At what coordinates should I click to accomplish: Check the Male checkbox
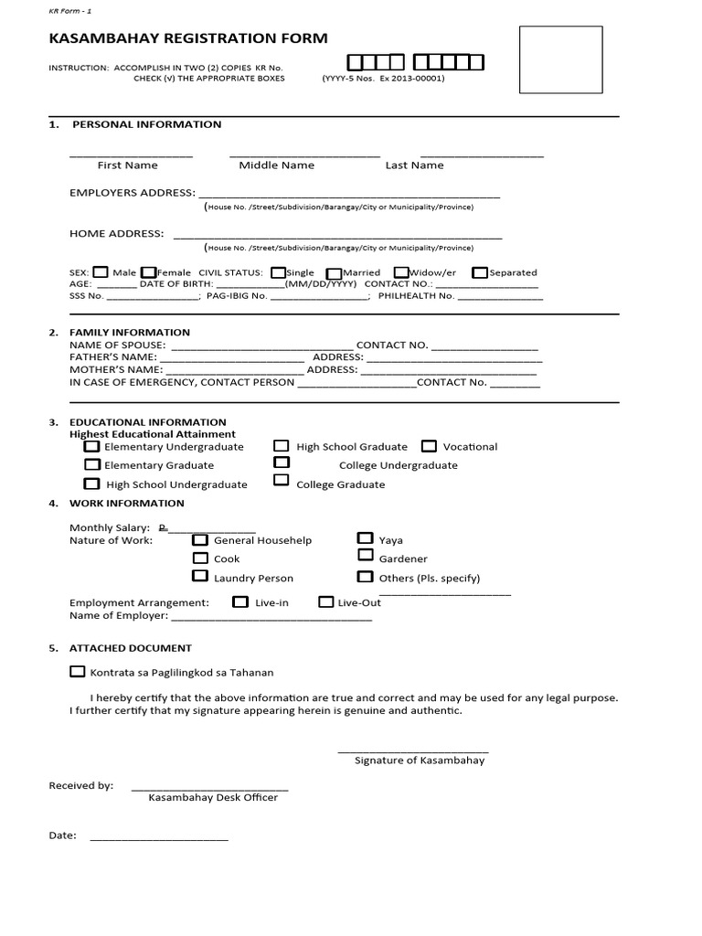[x=101, y=271]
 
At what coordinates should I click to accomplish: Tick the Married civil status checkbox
[x=334, y=272]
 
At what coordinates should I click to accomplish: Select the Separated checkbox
[x=479, y=272]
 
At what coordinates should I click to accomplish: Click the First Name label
[x=128, y=165]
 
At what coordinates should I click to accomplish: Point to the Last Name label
[x=414, y=165]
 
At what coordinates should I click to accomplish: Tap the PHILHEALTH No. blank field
[x=500, y=297]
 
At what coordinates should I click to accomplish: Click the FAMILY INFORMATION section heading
[x=130, y=332]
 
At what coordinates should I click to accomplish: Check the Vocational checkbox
[x=429, y=446]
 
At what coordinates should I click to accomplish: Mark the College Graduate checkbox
[x=282, y=481]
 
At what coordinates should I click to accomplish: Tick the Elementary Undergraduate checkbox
[x=91, y=447]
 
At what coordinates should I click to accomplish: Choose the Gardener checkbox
[x=365, y=556]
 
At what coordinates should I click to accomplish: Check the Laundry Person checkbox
[x=199, y=576]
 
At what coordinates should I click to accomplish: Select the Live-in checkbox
[x=240, y=601]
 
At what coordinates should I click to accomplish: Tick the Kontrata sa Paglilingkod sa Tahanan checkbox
[x=77, y=672]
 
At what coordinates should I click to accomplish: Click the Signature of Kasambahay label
[x=420, y=760]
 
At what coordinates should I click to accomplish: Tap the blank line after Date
[x=158, y=837]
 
